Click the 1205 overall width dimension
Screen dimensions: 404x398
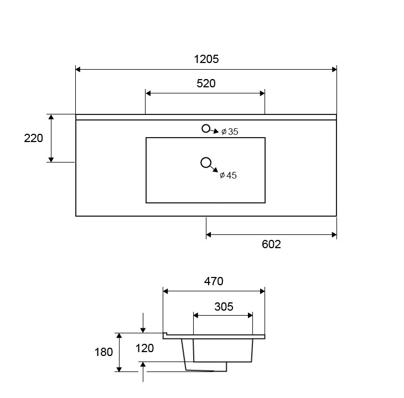click(206, 59)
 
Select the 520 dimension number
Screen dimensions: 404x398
click(206, 83)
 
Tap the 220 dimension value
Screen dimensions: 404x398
click(34, 138)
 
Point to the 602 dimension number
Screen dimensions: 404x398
click(271, 244)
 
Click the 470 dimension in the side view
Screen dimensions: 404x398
click(214, 281)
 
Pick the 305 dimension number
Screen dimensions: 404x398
click(224, 307)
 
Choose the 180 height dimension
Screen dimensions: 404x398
click(103, 352)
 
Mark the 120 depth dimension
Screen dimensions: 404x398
click(144, 348)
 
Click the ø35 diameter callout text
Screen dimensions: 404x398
click(230, 132)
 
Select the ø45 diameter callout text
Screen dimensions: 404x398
click(228, 175)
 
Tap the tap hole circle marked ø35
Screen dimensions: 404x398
click(206, 124)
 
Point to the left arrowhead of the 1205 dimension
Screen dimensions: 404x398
click(78, 70)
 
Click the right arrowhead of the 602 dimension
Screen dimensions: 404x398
click(334, 234)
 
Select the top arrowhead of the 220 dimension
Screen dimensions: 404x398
click(51, 117)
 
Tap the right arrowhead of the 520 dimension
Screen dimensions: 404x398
click(262, 93)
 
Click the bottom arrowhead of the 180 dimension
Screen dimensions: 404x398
click(119, 369)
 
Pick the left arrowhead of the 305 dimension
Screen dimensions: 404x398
click(196, 316)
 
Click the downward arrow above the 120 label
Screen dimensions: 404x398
click(143, 323)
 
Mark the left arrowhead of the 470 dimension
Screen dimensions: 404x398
click(165, 291)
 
